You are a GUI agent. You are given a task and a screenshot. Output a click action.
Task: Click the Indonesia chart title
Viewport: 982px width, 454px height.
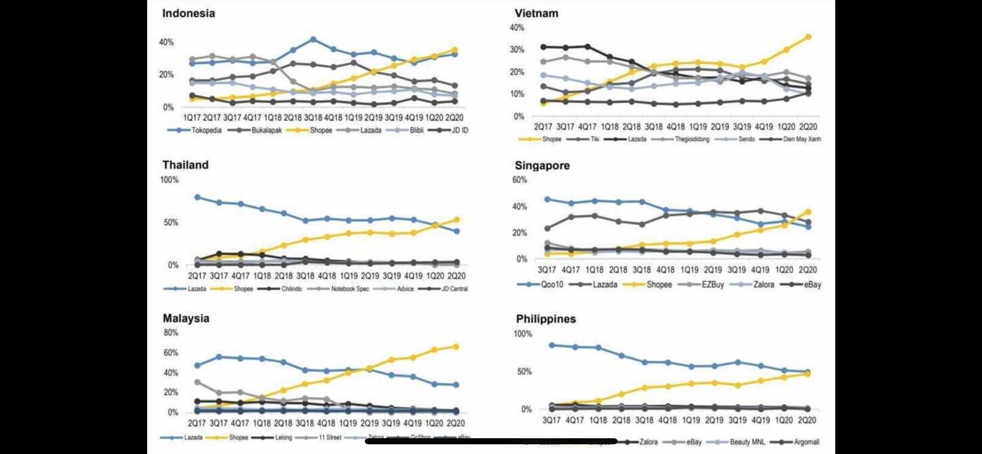coord(188,13)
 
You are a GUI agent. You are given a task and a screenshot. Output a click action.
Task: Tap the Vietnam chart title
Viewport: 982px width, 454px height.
coord(537,13)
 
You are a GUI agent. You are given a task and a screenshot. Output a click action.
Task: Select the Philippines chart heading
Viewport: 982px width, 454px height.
coord(546,319)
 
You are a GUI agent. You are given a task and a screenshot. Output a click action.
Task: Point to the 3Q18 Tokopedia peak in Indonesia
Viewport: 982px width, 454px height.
coord(313,39)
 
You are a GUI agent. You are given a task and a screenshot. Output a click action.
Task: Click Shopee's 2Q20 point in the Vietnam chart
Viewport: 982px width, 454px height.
coord(808,37)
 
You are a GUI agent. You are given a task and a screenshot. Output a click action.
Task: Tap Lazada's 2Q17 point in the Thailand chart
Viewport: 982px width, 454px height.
coord(197,197)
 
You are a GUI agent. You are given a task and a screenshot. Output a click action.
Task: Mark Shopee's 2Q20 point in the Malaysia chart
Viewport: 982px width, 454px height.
coord(456,346)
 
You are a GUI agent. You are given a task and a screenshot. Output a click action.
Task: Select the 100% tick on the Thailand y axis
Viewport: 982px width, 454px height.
coord(169,180)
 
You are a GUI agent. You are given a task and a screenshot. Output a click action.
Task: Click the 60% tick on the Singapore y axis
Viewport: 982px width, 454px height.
coord(519,180)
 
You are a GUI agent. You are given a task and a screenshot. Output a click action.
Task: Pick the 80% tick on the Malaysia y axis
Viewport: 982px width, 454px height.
coord(171,333)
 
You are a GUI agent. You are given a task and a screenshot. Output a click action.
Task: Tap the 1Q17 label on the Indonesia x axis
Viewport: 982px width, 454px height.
coord(192,118)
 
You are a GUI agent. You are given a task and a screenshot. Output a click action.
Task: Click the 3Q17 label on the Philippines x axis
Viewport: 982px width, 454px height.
coord(551,420)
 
